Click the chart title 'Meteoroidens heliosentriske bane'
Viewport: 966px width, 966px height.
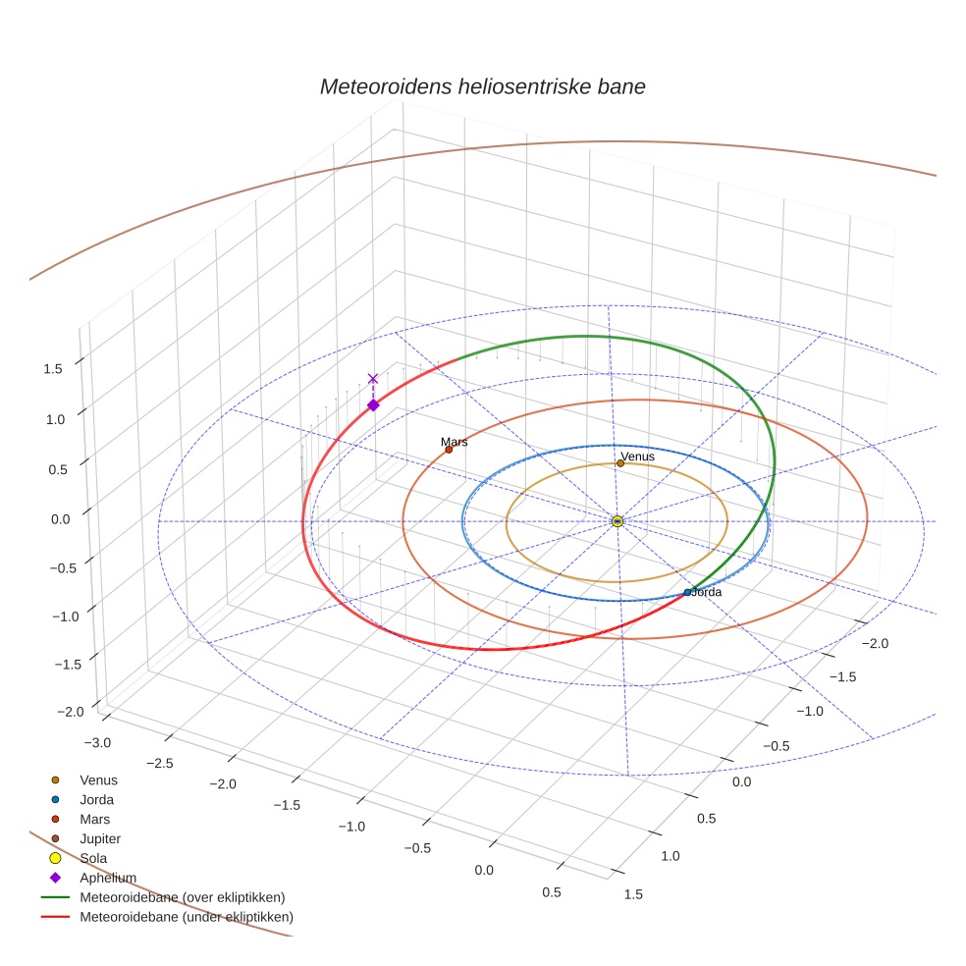tap(482, 86)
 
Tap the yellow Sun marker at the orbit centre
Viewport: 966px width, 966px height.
tap(617, 521)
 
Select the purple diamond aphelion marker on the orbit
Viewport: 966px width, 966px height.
tap(373, 404)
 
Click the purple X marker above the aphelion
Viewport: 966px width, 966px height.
tap(373, 378)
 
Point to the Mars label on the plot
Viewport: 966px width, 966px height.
tap(454, 442)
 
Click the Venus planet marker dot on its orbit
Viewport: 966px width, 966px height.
tap(620, 463)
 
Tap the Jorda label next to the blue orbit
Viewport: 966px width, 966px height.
tap(707, 592)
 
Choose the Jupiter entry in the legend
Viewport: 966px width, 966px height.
tap(99, 838)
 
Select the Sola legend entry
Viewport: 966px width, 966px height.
tap(93, 858)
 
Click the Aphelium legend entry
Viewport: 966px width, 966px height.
tap(107, 878)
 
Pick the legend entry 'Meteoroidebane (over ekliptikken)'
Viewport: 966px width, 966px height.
tap(182, 897)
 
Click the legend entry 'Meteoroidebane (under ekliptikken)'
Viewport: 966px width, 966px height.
tap(186, 917)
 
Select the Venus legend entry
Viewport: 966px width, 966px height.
tap(98, 779)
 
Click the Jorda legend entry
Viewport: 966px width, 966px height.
tap(96, 799)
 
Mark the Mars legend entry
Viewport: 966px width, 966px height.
tap(94, 819)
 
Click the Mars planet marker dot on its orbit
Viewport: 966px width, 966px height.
tap(449, 450)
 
